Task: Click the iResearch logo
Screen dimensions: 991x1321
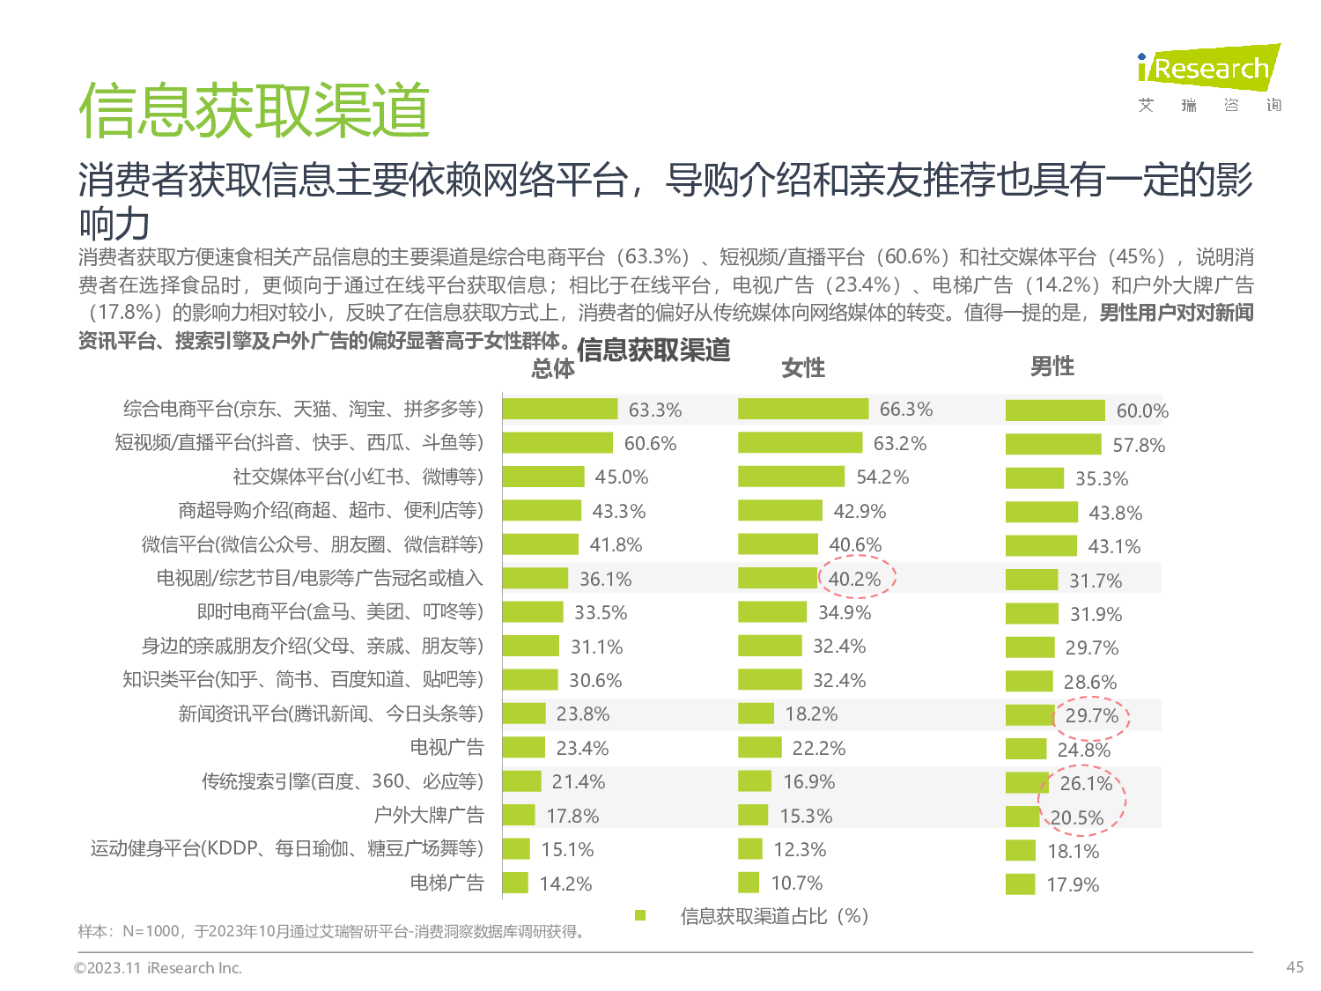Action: click(1207, 68)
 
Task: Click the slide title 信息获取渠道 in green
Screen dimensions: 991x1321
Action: click(254, 111)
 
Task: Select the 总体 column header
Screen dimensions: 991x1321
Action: click(553, 368)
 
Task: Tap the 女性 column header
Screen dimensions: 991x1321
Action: click(803, 367)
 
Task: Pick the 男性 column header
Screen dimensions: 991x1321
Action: click(1052, 366)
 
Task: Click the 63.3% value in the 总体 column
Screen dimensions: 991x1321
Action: click(654, 410)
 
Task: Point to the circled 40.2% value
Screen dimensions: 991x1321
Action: click(854, 579)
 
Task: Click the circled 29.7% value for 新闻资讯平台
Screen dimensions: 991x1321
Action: click(1091, 715)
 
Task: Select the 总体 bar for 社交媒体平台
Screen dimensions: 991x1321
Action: click(543, 477)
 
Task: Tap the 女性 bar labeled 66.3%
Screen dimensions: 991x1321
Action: click(803, 409)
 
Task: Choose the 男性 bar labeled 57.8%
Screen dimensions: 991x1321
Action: click(1053, 444)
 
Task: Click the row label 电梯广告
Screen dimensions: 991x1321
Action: click(447, 883)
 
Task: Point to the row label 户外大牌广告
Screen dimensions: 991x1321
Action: click(429, 815)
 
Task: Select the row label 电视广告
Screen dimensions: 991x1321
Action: click(447, 747)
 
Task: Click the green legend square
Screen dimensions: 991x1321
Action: click(640, 916)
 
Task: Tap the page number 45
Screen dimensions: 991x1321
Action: click(1295, 967)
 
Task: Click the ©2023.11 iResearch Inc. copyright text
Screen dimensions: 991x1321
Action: click(158, 968)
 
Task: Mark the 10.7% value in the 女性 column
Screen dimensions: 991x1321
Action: click(797, 883)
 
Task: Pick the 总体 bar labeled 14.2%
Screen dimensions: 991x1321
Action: click(515, 883)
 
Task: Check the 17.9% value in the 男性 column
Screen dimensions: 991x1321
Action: click(1073, 884)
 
